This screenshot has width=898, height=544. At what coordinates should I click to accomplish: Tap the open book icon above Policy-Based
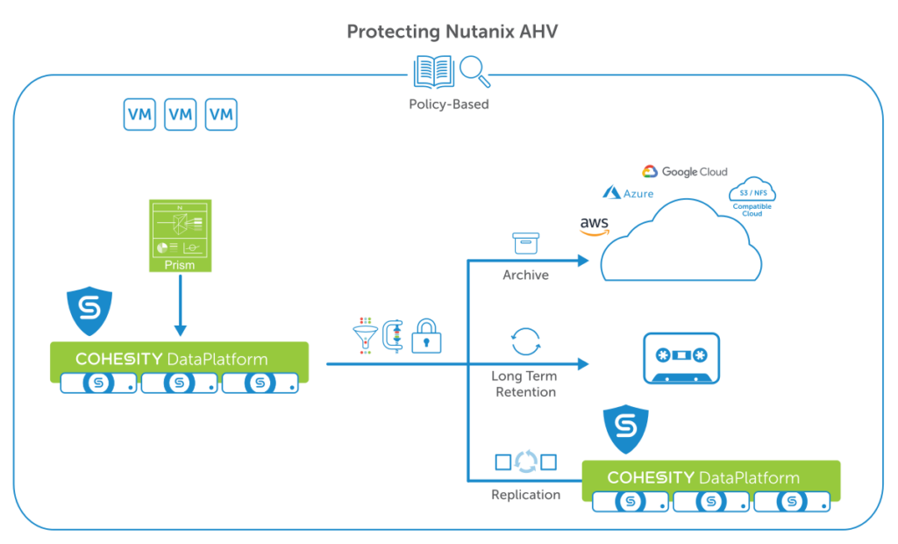(x=433, y=73)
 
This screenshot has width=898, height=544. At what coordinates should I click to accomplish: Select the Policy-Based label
(x=449, y=104)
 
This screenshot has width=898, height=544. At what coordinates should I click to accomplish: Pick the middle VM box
(x=181, y=114)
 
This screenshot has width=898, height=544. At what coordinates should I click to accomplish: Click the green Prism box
(x=180, y=234)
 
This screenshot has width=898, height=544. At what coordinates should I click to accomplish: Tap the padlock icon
(x=426, y=336)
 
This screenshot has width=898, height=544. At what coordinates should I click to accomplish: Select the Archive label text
(x=525, y=276)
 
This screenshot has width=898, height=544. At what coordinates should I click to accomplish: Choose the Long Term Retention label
(x=524, y=384)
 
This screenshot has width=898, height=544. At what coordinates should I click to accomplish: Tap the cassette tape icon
(x=681, y=357)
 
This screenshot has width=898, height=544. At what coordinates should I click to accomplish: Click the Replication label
(x=525, y=495)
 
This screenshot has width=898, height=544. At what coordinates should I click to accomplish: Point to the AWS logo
(x=594, y=227)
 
